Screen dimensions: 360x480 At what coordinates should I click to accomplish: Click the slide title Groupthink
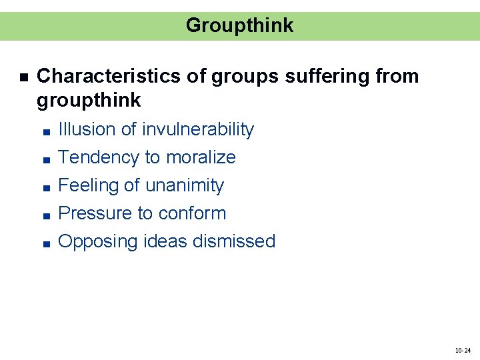(x=239, y=25)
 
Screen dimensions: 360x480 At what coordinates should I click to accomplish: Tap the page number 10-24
(x=463, y=350)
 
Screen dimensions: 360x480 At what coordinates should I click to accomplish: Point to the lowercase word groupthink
(x=89, y=101)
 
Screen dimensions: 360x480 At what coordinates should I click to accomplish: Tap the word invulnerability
(x=198, y=129)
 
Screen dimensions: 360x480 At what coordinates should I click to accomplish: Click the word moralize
(x=201, y=157)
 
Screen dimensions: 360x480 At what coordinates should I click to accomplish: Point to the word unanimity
(x=185, y=185)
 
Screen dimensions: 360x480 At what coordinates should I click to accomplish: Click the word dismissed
(x=234, y=241)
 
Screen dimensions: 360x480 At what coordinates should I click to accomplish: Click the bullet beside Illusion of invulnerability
(x=43, y=131)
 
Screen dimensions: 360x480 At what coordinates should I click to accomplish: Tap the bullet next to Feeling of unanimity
(x=43, y=187)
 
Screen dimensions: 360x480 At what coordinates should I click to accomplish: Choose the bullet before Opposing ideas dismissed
(x=43, y=243)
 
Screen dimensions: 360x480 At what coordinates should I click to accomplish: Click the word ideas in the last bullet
(x=165, y=241)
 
